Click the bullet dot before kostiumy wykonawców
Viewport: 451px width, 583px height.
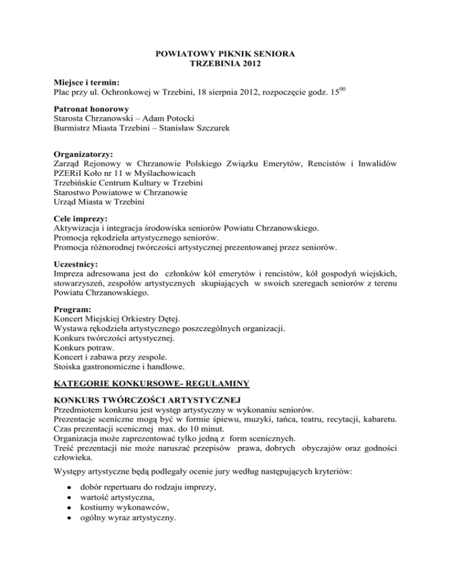(70, 510)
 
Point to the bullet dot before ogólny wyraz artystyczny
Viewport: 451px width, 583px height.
(70, 521)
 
